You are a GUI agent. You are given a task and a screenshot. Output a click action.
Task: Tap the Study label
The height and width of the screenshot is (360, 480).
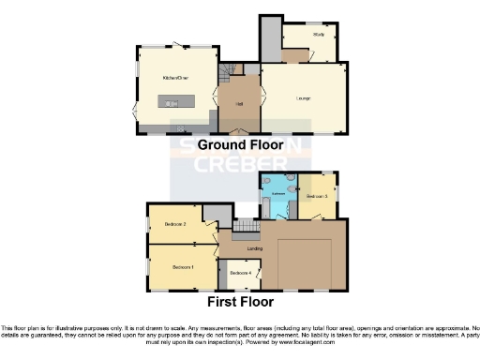click(x=320, y=34)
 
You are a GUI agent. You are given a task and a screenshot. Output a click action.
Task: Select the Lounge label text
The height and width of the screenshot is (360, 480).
click(x=303, y=97)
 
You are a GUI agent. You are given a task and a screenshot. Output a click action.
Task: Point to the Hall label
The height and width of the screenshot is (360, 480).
click(x=240, y=103)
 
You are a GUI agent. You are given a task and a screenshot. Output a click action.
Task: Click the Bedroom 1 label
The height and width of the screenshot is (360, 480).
click(x=181, y=267)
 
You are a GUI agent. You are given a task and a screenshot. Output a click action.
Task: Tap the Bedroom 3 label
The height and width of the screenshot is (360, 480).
click(x=316, y=196)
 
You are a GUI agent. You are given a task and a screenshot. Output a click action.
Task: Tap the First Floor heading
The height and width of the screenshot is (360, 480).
click(x=240, y=303)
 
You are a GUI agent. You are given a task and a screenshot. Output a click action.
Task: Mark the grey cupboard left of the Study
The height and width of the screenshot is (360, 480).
click(x=270, y=37)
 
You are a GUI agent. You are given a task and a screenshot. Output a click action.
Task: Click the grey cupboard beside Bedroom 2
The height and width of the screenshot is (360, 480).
click(x=217, y=213)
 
